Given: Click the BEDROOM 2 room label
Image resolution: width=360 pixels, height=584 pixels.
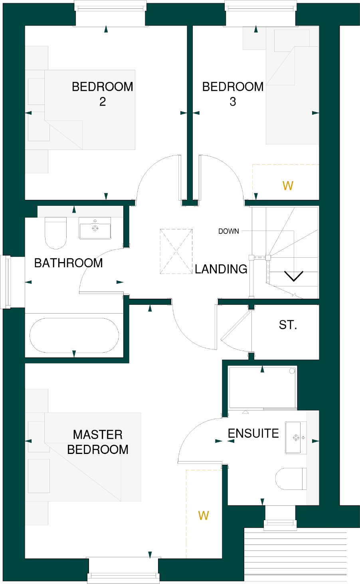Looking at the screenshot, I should (102, 94).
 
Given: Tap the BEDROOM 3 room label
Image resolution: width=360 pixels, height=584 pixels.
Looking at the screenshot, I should (233, 94).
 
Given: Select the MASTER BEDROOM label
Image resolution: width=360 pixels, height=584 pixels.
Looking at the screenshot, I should (98, 442).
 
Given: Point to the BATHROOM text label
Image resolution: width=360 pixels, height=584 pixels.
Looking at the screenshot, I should (69, 263).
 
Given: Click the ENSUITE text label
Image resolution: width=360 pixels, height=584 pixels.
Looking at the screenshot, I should (253, 433).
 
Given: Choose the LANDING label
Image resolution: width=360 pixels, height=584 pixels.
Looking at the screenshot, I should (221, 269).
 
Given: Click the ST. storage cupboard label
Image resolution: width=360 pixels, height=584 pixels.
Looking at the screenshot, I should (288, 325).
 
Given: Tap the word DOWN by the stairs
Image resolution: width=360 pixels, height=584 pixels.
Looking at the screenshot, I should (229, 231).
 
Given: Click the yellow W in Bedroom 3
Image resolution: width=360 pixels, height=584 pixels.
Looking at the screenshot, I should (288, 186).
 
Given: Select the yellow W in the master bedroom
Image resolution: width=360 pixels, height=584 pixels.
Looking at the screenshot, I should (204, 516).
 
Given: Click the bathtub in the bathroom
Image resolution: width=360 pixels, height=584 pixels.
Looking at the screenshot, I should (74, 335).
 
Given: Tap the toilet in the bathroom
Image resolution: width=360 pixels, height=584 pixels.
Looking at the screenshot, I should (55, 233).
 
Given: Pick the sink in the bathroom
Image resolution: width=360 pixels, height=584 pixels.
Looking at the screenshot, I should (95, 228).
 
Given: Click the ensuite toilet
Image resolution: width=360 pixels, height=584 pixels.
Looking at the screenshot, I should (291, 479).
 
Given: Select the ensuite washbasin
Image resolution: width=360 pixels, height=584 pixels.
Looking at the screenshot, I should (296, 438).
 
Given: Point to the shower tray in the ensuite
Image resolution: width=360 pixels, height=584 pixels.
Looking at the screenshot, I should (262, 388).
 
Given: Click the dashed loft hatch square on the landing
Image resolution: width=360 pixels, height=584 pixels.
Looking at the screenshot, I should (176, 251).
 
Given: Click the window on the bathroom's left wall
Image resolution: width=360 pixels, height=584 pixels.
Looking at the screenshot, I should (6, 282).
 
